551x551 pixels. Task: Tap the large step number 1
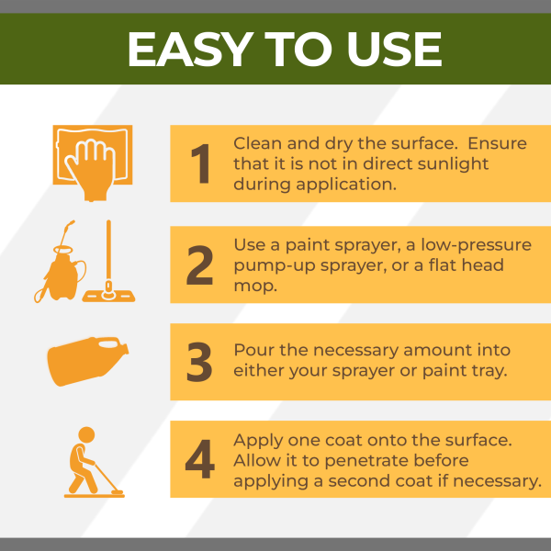click(x=200, y=164)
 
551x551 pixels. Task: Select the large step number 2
click(x=200, y=264)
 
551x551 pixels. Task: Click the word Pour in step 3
click(x=252, y=351)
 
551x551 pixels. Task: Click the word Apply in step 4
click(x=256, y=439)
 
